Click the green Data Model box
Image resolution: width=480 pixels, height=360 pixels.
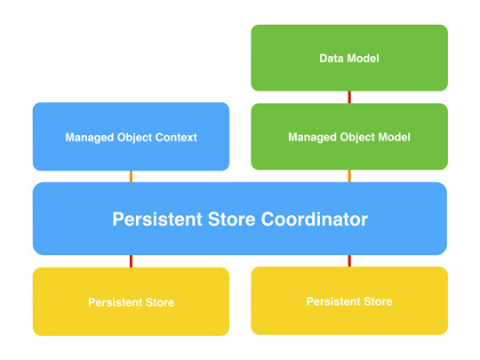(349, 58)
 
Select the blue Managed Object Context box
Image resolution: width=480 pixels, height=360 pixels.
(131, 137)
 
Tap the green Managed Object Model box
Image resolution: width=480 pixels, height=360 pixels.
(349, 137)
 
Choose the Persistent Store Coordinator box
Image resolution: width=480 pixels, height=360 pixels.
(240, 219)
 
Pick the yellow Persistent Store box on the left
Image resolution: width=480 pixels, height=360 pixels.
(131, 302)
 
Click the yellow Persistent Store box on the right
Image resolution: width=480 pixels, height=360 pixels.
(349, 300)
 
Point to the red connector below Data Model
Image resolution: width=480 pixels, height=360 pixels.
(349, 98)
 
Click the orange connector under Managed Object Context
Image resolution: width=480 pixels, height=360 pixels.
(131, 177)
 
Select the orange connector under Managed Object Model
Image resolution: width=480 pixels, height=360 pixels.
(349, 176)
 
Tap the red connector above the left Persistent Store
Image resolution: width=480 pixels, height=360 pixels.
(131, 261)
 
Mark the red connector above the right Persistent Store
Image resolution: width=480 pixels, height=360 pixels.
(349, 260)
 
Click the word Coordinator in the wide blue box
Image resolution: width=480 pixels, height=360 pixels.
(315, 220)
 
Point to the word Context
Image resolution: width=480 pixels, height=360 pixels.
(176, 138)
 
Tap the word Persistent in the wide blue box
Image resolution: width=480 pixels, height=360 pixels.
(157, 220)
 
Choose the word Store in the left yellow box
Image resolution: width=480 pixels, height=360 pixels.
(160, 302)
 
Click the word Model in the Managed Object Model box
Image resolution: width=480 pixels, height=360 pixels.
(395, 137)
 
